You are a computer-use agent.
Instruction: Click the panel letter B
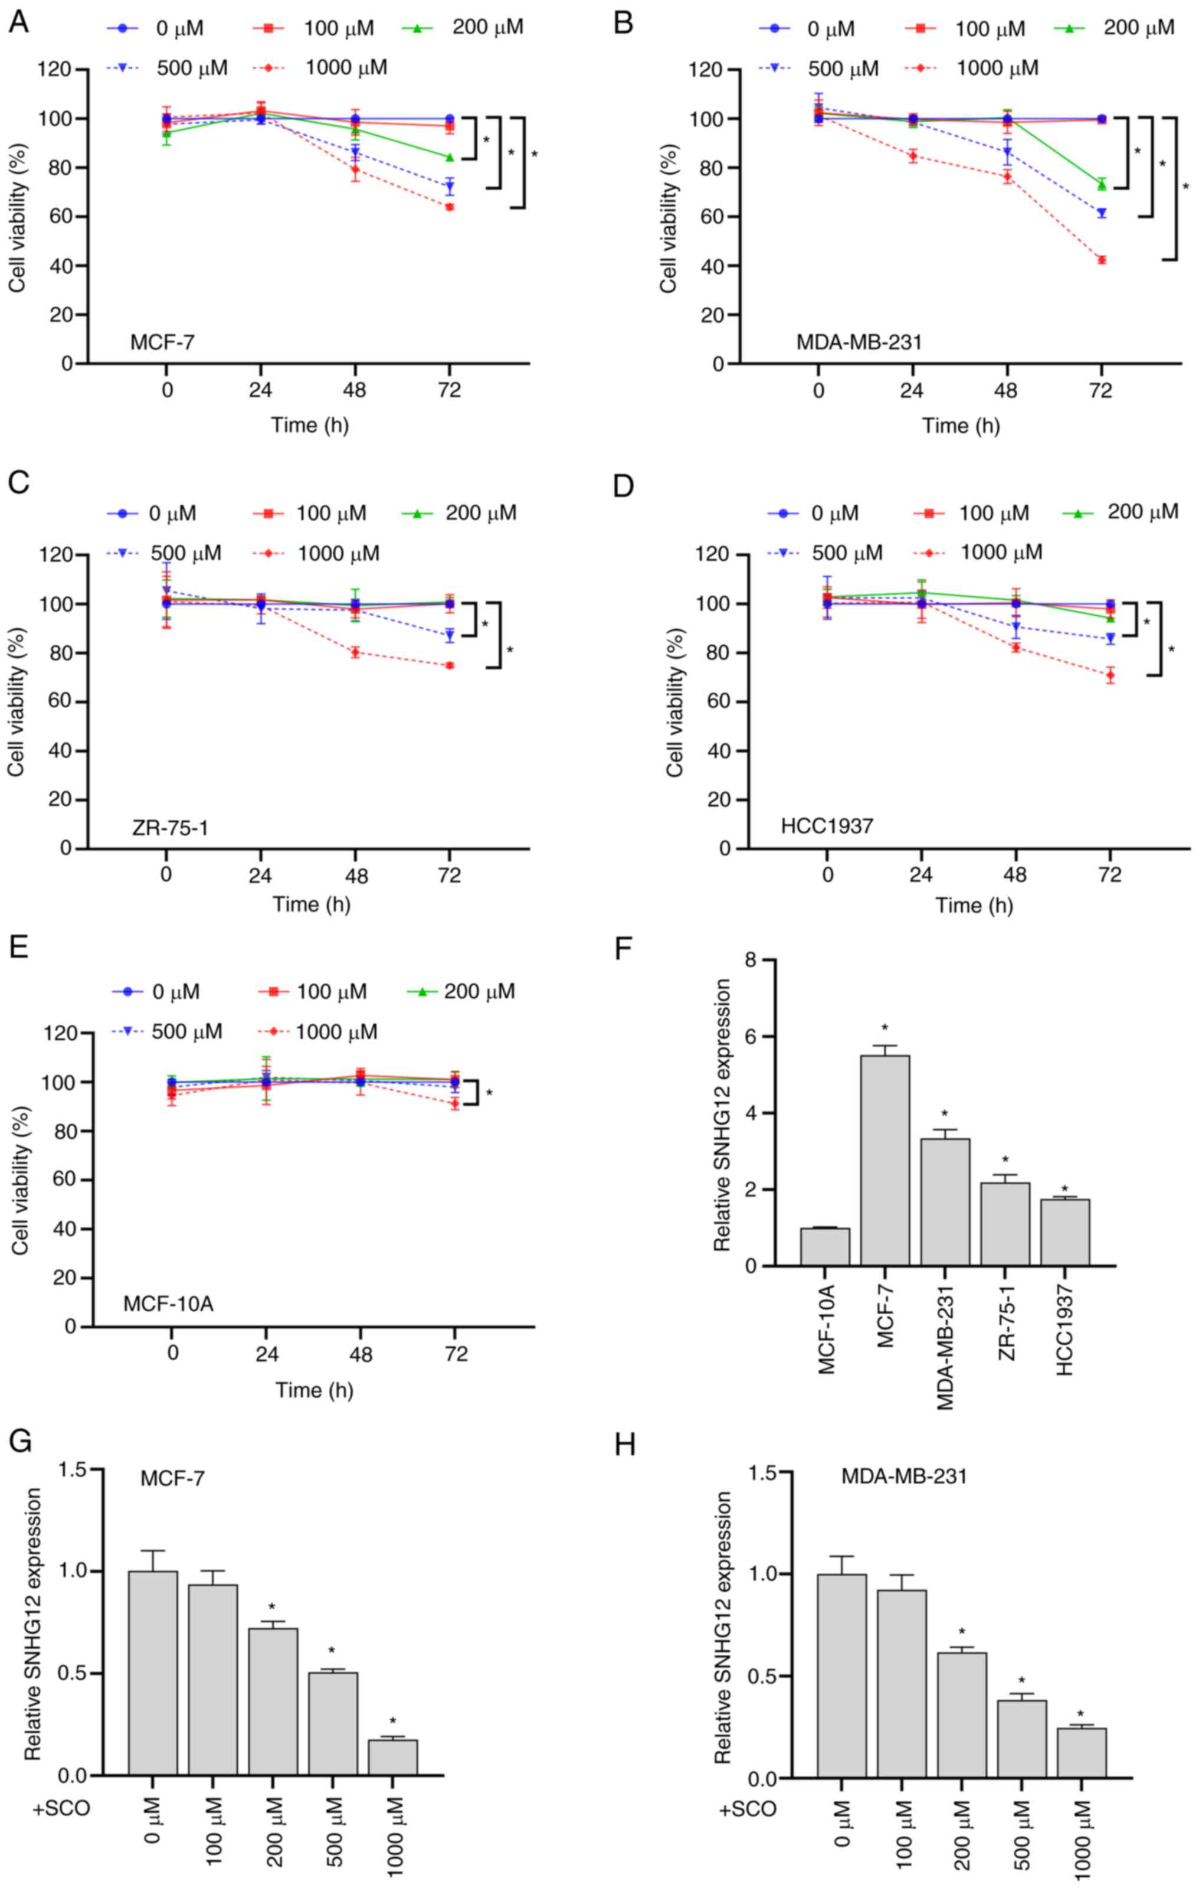pos(624,23)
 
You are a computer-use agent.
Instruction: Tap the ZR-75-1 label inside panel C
pos(170,827)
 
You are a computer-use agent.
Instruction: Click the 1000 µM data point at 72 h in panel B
pos(1101,260)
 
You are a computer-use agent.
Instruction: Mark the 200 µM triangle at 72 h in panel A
pos(450,158)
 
